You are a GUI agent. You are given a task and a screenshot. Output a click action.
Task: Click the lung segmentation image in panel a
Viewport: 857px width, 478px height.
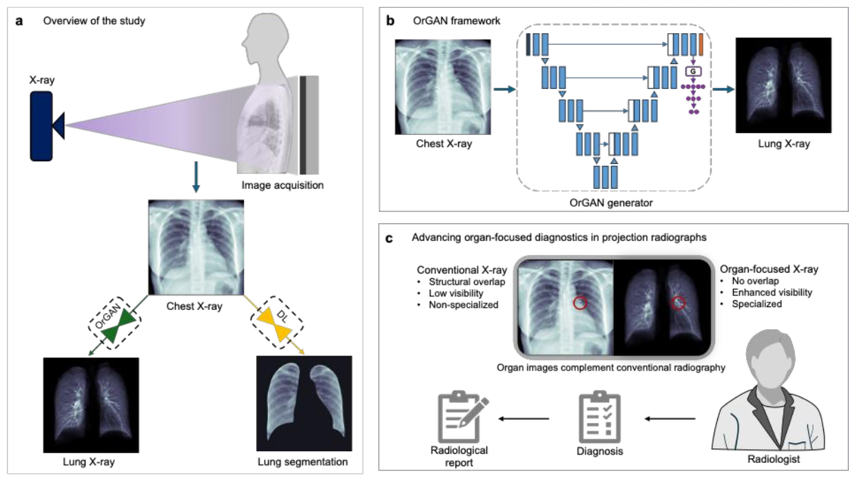[x=304, y=403]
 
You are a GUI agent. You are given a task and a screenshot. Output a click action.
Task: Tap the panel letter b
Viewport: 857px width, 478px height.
[x=391, y=21]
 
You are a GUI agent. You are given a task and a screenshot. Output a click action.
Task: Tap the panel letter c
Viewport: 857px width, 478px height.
[x=391, y=238]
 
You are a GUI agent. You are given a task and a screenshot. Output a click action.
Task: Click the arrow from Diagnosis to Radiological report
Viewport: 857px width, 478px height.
[x=524, y=417]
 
